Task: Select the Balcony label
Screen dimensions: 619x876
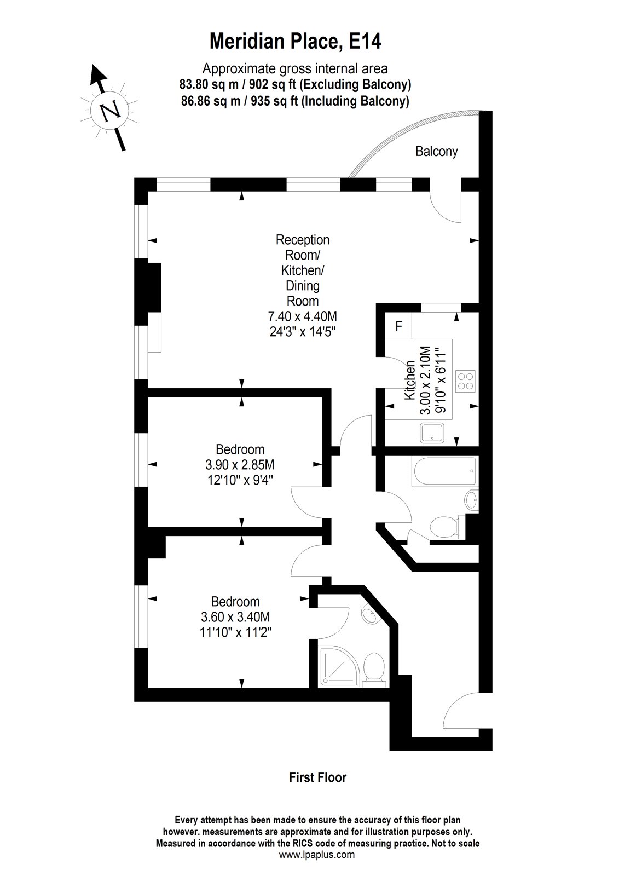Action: click(436, 152)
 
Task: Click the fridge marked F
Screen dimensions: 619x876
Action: click(399, 327)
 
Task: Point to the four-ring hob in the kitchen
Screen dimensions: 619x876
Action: click(466, 381)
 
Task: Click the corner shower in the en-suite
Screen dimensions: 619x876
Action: click(340, 666)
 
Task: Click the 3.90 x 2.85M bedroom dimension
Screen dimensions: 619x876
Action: click(240, 465)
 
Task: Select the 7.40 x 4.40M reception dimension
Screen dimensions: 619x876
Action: click(303, 316)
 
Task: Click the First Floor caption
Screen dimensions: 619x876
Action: click(317, 777)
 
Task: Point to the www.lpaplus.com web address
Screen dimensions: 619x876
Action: click(317, 854)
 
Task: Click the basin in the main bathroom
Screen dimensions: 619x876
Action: click(471, 499)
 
